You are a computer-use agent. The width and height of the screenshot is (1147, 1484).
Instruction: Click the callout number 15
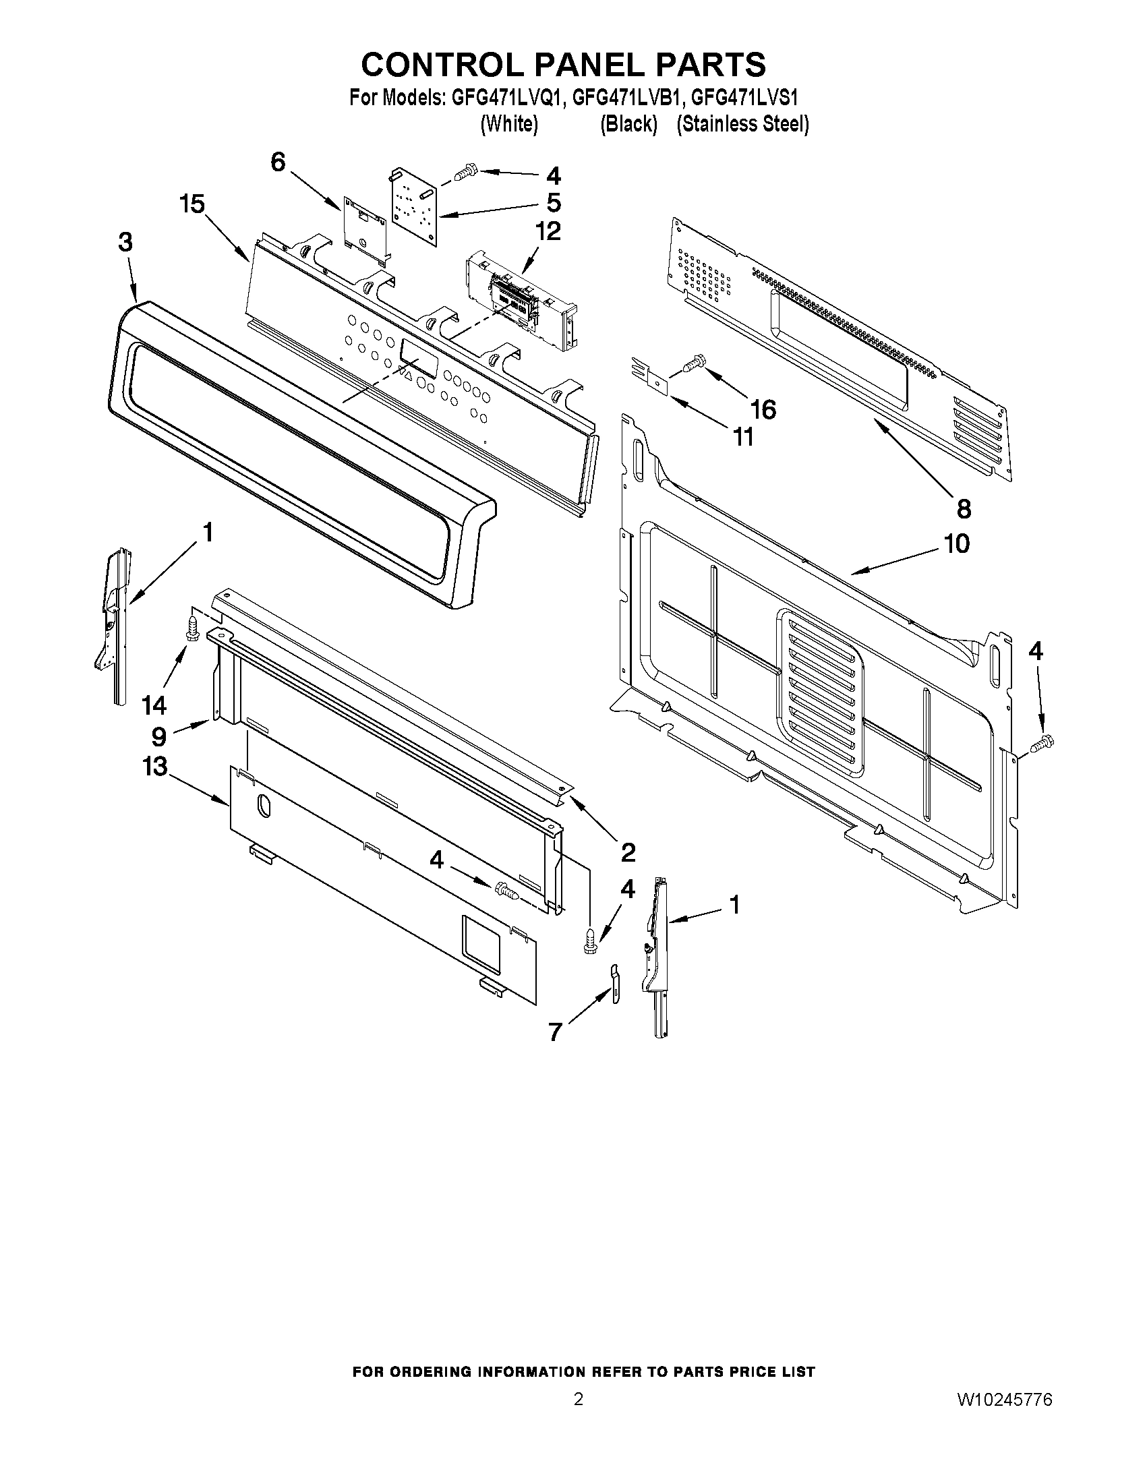pyautogui.click(x=192, y=203)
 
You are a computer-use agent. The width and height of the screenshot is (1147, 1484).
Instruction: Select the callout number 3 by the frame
pyautogui.click(x=125, y=243)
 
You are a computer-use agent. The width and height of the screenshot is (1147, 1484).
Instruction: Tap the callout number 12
pyautogui.click(x=548, y=231)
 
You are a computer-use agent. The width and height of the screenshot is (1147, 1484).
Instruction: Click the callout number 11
pyautogui.click(x=743, y=437)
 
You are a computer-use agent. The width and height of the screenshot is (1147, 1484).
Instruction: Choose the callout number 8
pyautogui.click(x=964, y=508)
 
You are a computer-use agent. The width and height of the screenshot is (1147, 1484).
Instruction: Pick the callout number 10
pyautogui.click(x=956, y=543)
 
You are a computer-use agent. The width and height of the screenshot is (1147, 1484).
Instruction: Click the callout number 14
pyautogui.click(x=154, y=705)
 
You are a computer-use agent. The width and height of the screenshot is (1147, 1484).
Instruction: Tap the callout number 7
pyautogui.click(x=555, y=1032)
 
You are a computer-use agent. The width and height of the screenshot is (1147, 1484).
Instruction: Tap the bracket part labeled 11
pyautogui.click(x=650, y=375)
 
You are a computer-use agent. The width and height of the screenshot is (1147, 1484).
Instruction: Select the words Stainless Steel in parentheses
pyautogui.click(x=742, y=124)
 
